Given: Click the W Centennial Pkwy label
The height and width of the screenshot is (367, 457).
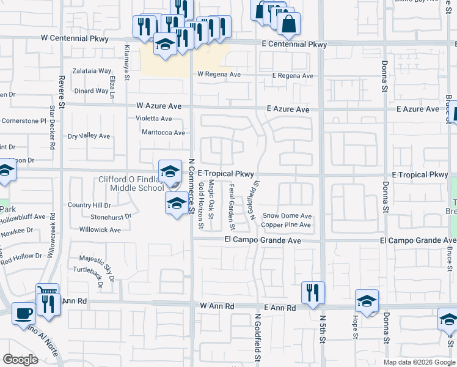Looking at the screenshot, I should point(75,39).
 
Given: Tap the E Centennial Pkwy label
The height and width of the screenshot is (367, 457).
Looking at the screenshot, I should point(294,45).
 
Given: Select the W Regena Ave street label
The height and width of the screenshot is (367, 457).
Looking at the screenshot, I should point(219,75).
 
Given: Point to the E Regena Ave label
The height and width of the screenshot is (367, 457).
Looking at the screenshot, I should point(292,76).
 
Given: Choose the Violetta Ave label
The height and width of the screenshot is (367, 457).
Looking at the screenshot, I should point(153,119).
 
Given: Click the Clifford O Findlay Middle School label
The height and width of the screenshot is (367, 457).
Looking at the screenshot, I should point(131,183).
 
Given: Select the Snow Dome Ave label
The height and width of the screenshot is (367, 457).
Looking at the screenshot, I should point(287,216).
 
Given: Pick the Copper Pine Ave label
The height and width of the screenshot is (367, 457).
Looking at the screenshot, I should point(286,225).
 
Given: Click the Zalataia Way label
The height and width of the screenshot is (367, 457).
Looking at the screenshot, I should point(92,72).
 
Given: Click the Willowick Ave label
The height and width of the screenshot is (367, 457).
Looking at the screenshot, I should point(100,230).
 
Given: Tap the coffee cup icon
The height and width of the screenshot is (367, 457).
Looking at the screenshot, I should point(24,313).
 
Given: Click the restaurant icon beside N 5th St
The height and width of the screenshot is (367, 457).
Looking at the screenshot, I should point(313,292).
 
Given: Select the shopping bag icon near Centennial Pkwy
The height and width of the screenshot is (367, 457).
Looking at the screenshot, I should point(288,24).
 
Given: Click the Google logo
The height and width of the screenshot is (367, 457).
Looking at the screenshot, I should point(20,360).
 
